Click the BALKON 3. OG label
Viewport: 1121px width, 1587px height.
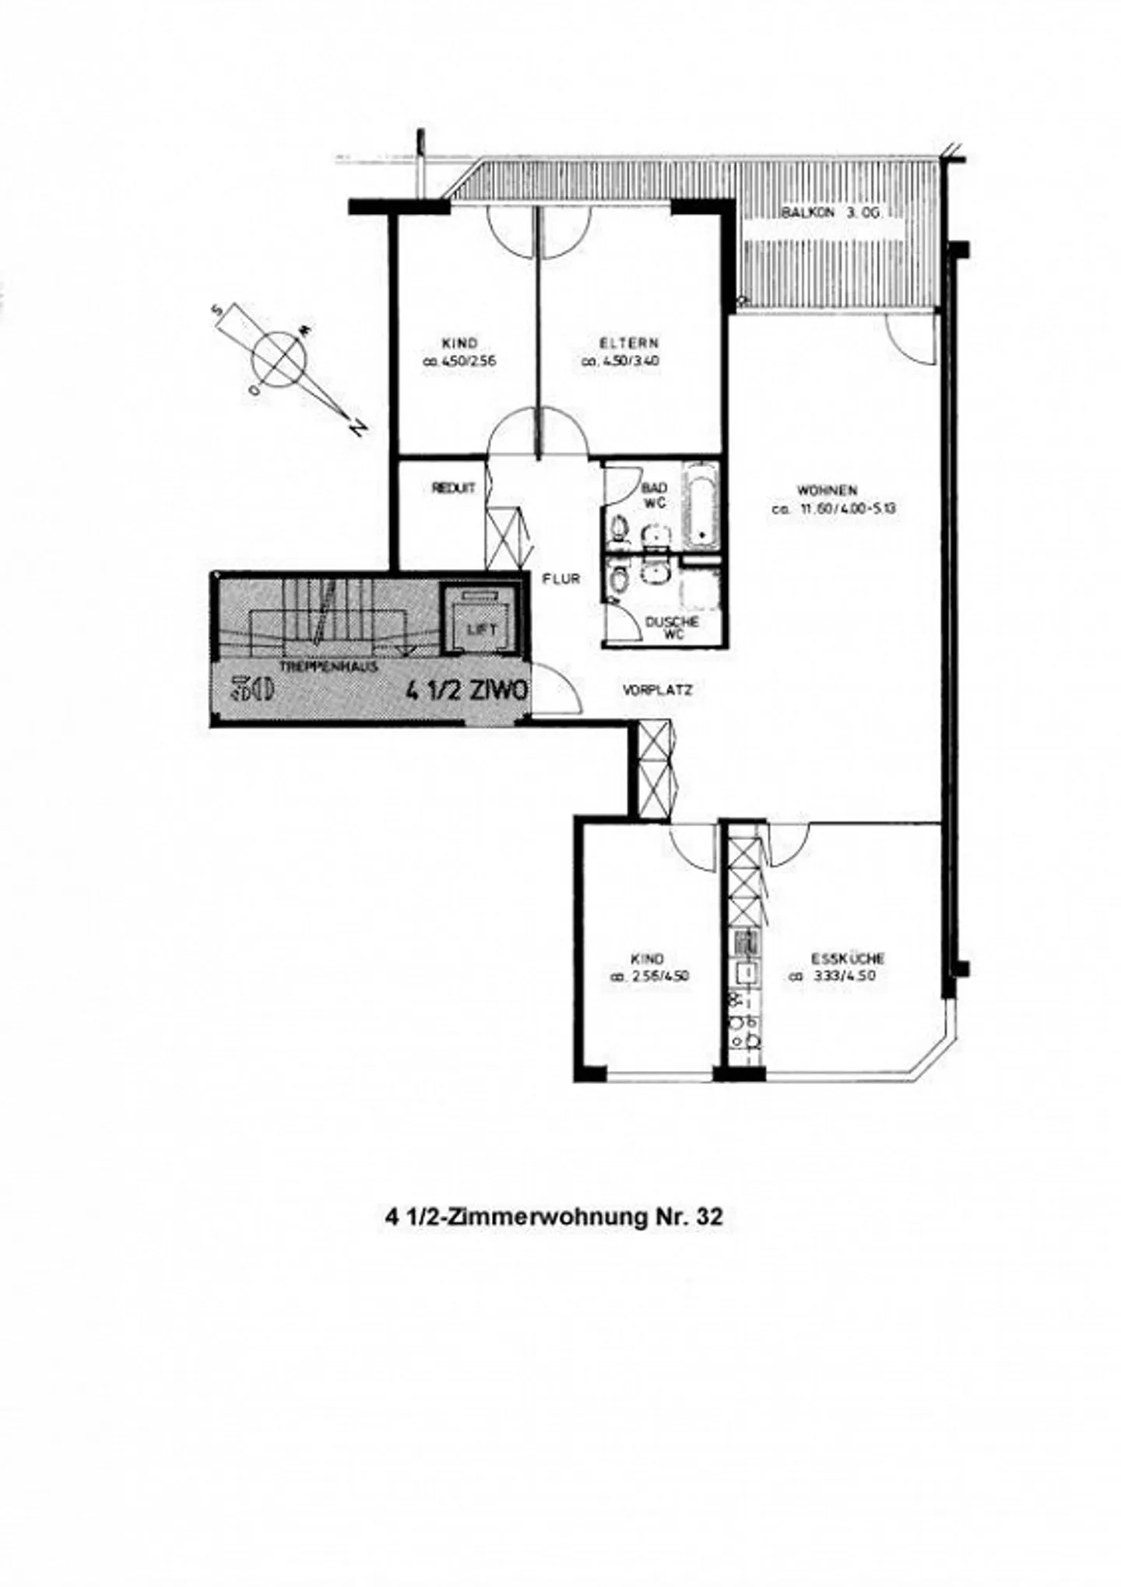(x=831, y=212)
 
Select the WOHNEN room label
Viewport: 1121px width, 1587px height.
(x=827, y=490)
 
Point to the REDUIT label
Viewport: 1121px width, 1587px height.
(x=453, y=489)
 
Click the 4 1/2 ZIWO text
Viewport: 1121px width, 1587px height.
(x=467, y=690)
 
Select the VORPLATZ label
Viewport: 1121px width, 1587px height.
(x=658, y=690)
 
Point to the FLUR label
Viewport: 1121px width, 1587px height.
(x=561, y=579)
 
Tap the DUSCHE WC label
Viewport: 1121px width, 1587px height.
(x=673, y=628)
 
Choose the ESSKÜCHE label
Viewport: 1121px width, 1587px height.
(x=847, y=959)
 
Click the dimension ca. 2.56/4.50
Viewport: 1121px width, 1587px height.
(x=648, y=977)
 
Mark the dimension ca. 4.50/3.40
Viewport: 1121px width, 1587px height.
(x=620, y=361)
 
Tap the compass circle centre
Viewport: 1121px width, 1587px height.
(x=278, y=359)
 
